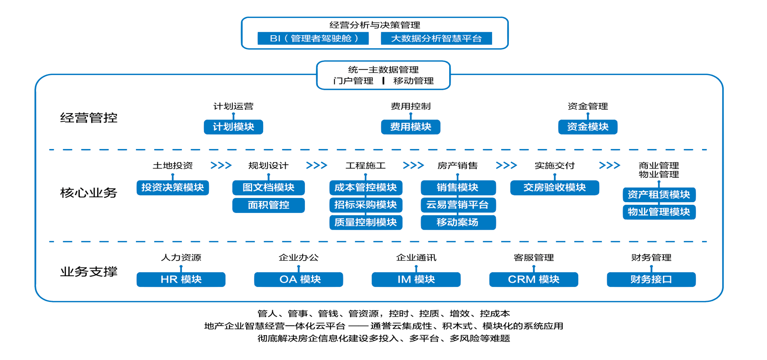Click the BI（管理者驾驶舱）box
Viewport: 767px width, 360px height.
[x=313, y=38]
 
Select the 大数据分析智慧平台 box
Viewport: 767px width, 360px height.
[x=436, y=38]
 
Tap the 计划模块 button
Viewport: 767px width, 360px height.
[x=233, y=127]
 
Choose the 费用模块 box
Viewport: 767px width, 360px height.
[x=411, y=127]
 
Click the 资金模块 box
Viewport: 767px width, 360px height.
[x=587, y=127]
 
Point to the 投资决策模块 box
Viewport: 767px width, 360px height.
[x=173, y=188]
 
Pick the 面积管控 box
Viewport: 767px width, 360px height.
[x=269, y=205]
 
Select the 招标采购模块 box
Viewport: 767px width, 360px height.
[x=366, y=205]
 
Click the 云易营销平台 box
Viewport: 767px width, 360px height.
[x=458, y=205]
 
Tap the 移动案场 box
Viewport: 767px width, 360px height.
[x=458, y=222]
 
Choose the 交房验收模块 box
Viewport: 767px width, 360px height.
[x=554, y=188]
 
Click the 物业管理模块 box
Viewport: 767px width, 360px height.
[x=659, y=212]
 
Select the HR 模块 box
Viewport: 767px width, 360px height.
[x=181, y=279]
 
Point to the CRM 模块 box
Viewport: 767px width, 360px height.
[x=533, y=279]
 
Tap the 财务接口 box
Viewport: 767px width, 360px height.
[x=651, y=279]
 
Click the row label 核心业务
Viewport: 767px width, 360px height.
[x=89, y=193]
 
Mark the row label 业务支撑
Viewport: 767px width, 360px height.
[x=89, y=272]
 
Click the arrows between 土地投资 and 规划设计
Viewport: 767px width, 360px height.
[x=221, y=165]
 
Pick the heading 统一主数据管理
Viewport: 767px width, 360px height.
[x=383, y=70]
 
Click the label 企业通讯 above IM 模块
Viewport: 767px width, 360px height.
[x=416, y=258]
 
